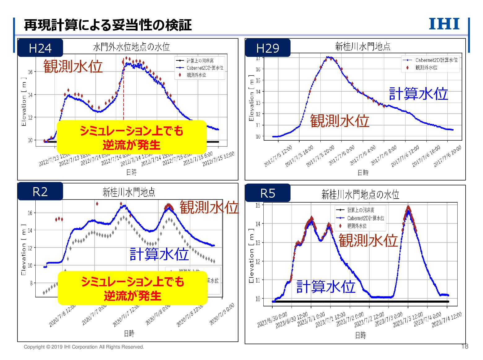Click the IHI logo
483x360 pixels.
coord(444,24)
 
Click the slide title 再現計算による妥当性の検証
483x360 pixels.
coord(108,25)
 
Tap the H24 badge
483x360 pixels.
coord(40,48)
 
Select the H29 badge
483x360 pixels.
coord(268,48)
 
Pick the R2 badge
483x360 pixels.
coord(40,192)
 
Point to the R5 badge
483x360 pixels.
coord(268,193)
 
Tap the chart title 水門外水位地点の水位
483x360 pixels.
coord(131,47)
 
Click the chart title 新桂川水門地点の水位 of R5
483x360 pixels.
coord(360,195)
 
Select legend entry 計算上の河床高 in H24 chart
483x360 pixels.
coord(200,61)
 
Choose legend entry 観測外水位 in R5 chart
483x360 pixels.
coord(357,226)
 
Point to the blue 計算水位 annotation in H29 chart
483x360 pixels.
coord(418,94)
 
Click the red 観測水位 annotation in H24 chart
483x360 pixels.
coord(73,66)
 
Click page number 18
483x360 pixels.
coord(465,346)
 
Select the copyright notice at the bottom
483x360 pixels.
coord(84,347)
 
